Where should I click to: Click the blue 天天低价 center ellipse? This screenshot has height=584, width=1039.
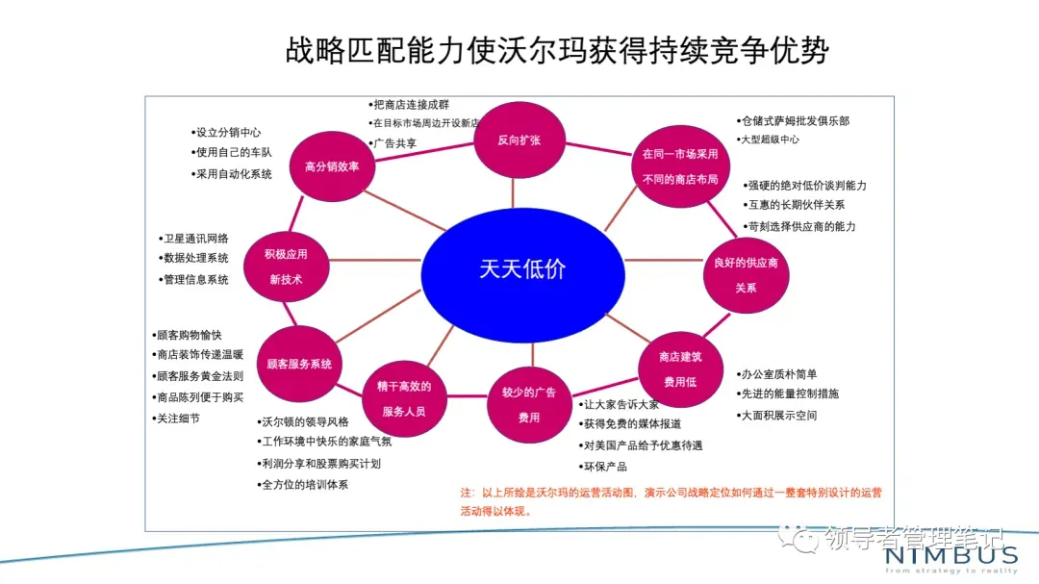(522, 268)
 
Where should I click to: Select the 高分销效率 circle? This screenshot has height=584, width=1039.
(331, 166)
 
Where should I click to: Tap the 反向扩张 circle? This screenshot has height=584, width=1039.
(519, 140)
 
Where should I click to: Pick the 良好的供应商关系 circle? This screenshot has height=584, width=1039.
(746, 273)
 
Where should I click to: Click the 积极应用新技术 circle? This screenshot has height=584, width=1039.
(286, 267)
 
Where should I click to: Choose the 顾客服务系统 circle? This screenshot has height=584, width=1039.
(299, 364)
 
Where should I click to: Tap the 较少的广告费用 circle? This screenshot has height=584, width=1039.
(529, 404)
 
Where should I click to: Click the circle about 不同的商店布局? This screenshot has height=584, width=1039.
(679, 165)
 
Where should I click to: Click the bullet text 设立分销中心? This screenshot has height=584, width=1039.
(228, 132)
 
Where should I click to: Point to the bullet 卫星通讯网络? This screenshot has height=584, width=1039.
(196, 239)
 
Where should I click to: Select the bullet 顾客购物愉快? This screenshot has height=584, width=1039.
(190, 335)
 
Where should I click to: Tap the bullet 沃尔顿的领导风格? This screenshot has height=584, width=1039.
(306, 421)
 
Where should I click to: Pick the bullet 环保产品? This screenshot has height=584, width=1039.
(604, 467)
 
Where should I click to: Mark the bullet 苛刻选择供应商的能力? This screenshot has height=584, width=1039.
(801, 226)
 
